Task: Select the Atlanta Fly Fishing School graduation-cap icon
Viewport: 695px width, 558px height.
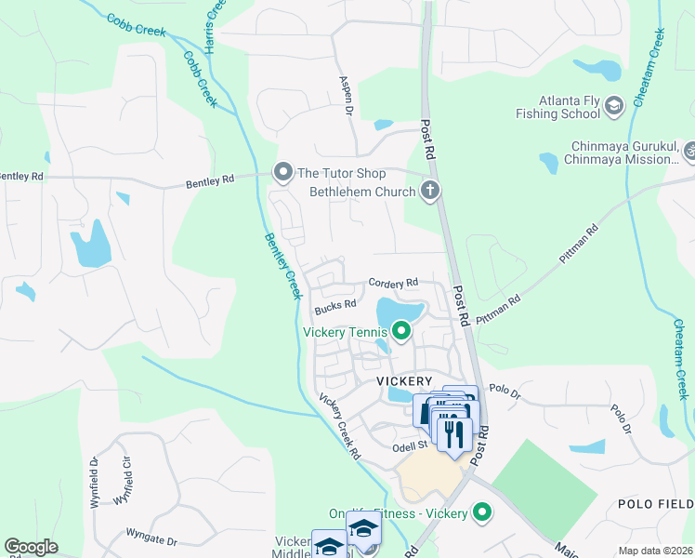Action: click(x=614, y=106)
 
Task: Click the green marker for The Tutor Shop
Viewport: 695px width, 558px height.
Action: click(x=282, y=172)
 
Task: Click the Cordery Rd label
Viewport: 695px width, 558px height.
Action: click(x=393, y=282)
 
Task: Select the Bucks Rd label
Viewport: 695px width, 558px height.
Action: click(x=335, y=305)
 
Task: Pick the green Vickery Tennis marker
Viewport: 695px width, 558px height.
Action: click(x=401, y=330)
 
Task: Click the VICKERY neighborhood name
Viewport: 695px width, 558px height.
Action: click(x=404, y=382)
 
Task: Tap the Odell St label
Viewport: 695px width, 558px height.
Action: click(x=408, y=445)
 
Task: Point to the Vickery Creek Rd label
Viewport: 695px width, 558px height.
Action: click(x=339, y=427)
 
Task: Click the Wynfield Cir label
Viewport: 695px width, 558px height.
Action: click(x=125, y=481)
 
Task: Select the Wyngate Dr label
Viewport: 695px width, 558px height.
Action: click(x=152, y=538)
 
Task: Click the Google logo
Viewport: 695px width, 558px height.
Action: click(x=31, y=547)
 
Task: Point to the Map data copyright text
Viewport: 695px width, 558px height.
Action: click(x=654, y=551)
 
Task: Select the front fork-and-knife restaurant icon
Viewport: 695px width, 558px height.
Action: click(x=454, y=434)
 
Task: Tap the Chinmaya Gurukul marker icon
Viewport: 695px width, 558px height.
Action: click(x=689, y=150)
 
